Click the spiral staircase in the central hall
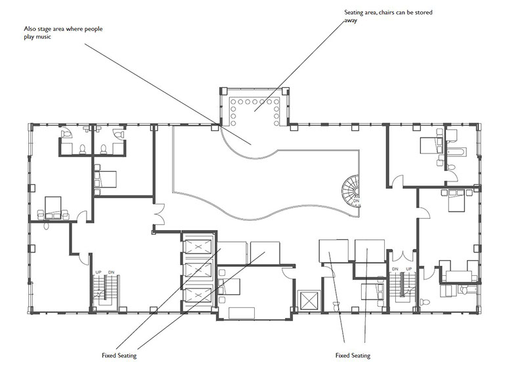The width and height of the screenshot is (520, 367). point(351,191)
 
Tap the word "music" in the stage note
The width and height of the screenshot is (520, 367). point(44,37)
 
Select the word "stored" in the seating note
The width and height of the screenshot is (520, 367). point(424,12)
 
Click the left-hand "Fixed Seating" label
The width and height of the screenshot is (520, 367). point(119,356)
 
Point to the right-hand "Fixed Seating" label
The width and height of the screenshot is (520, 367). point(353,356)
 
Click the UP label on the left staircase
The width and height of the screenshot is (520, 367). point(98,273)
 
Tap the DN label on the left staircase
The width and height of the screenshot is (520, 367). point(111,273)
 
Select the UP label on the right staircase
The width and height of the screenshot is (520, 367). point(408,269)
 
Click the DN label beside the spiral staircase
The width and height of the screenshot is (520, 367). point(356,201)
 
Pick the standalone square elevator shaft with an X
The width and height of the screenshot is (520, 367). point(309,301)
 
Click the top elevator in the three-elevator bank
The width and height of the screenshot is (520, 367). point(198,247)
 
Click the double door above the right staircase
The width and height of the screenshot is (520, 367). point(402,256)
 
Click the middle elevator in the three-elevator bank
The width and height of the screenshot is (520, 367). point(198,271)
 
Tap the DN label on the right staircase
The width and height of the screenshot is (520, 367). point(395,269)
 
